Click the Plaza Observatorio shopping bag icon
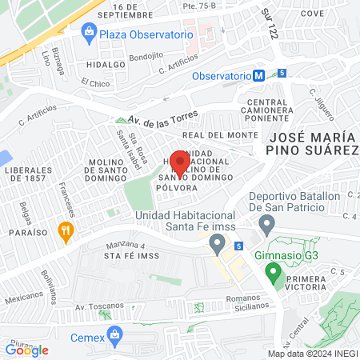pyautogui.click(x=89, y=34)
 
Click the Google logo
pyautogui.click(x=26, y=350)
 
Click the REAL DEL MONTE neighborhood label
pyautogui.click(x=230, y=135)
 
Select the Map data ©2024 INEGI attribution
pyautogui.click(x=312, y=354)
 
